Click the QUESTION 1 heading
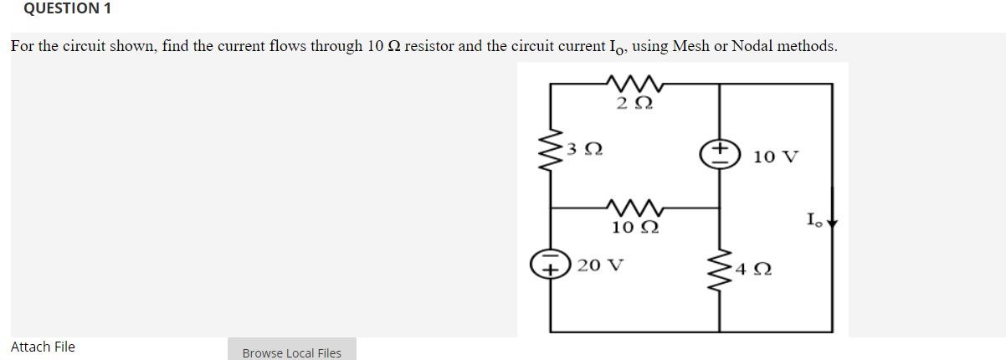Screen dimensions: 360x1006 click(x=56, y=9)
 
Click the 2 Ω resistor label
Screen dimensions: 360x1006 click(x=633, y=104)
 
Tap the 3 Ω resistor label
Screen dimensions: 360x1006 click(x=584, y=151)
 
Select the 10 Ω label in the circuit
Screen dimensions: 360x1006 click(x=634, y=228)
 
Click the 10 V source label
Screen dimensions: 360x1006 click(x=776, y=157)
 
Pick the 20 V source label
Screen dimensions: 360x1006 click(x=601, y=265)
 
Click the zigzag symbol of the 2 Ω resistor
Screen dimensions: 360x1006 click(x=633, y=84)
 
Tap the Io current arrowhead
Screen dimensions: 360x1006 click(x=831, y=224)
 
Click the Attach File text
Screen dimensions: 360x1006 click(x=43, y=347)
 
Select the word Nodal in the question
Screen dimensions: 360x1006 click(x=752, y=46)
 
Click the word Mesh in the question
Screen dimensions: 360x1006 click(x=691, y=46)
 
